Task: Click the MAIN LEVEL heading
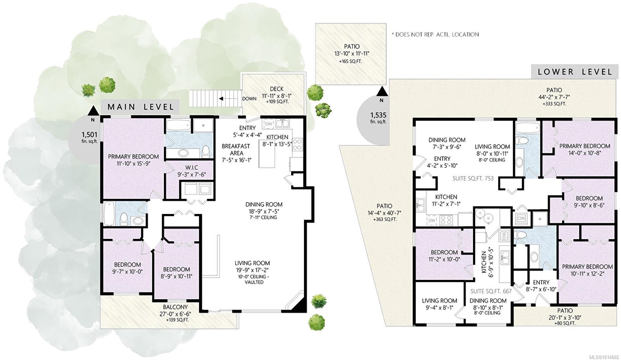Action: (141, 107)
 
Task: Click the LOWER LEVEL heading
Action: (575, 72)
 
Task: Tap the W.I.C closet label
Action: (192, 167)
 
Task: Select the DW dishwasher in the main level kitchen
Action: (268, 124)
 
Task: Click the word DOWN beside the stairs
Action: (249, 99)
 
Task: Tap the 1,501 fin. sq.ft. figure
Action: (89, 137)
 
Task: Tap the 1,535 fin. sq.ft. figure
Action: (378, 118)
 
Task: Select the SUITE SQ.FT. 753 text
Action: (473, 179)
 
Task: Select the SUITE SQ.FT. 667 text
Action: (491, 291)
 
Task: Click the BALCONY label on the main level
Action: (175, 307)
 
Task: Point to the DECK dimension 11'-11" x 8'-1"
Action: (277, 96)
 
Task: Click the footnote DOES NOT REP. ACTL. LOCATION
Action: (435, 35)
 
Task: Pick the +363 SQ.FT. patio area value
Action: (384, 219)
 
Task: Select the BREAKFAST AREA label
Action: (236, 150)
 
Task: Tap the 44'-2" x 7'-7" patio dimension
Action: (554, 97)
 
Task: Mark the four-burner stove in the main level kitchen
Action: (297, 144)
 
